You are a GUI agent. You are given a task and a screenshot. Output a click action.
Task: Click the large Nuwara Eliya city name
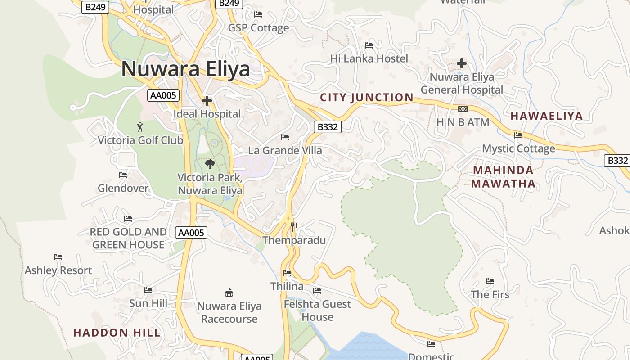point(185,69)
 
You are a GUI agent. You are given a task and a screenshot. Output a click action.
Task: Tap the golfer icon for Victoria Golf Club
point(140,126)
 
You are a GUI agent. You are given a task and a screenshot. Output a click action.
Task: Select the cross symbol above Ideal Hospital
point(207,101)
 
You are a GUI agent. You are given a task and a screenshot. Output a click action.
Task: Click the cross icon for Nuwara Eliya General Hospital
point(461,63)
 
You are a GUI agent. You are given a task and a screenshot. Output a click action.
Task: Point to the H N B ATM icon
point(463,109)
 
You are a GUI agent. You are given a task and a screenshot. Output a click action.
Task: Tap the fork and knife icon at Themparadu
point(294,227)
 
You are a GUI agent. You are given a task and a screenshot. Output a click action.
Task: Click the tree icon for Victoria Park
point(210,164)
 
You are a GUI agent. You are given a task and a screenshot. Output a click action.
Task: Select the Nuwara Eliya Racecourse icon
point(229,293)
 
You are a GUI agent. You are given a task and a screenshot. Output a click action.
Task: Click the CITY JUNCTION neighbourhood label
point(366,97)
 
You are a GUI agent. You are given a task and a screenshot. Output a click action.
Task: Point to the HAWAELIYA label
point(546,116)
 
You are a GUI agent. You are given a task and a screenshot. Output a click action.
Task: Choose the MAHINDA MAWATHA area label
point(503,177)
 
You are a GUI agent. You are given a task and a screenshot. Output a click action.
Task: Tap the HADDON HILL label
point(117,333)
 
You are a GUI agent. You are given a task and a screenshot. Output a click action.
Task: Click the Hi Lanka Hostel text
point(369,58)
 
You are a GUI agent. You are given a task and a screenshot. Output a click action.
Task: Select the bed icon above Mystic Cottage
point(518,135)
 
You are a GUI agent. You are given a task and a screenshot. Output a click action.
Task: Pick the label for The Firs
point(490,295)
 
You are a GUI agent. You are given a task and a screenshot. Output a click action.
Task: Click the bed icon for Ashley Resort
point(58,257)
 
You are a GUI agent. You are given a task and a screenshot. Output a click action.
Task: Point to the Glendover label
point(123,188)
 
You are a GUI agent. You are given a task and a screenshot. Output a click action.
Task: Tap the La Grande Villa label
point(285,150)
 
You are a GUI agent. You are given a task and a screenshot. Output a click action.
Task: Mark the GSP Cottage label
point(258,28)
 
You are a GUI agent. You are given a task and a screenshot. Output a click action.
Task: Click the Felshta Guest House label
point(317,310)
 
